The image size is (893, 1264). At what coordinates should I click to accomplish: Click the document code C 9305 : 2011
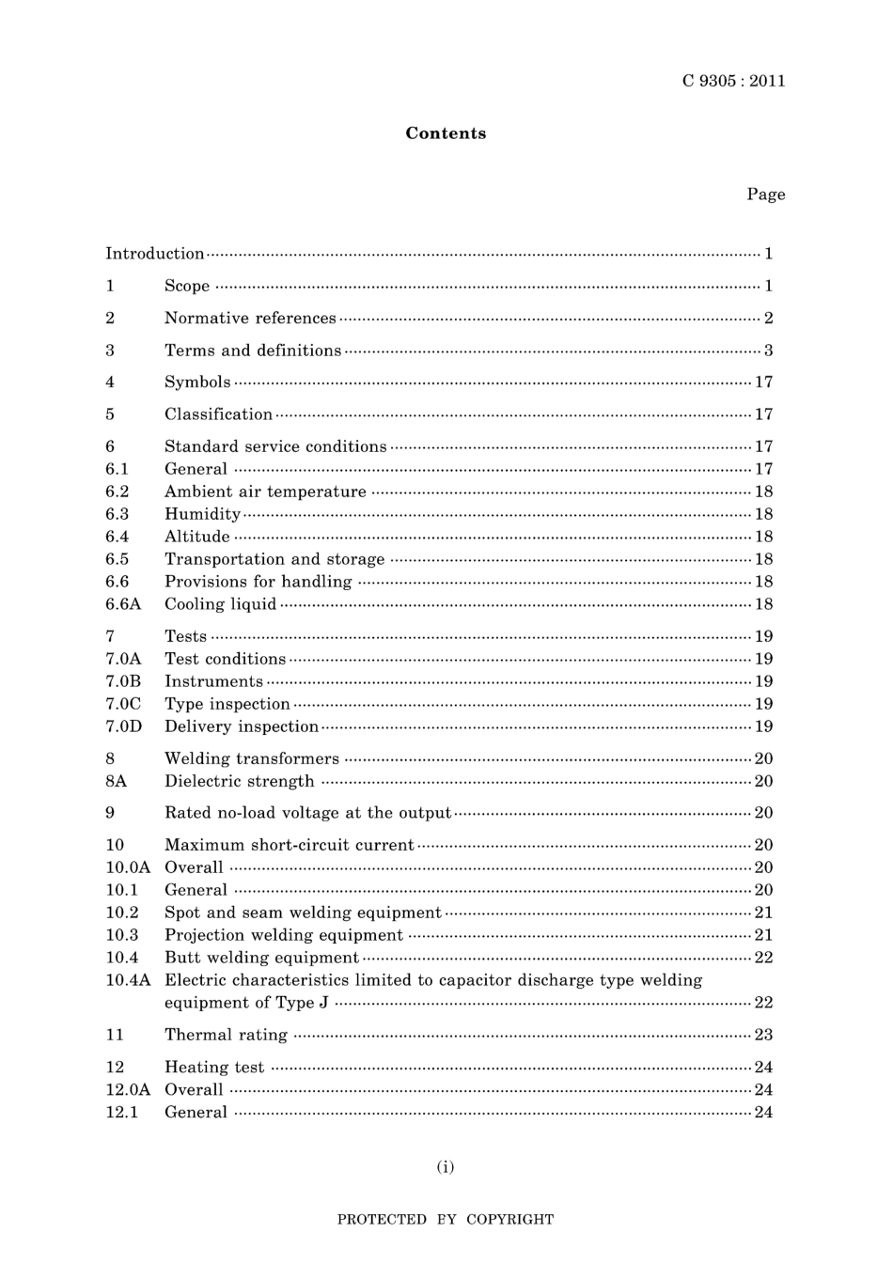coord(733,81)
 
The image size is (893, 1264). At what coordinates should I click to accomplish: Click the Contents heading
coord(446,133)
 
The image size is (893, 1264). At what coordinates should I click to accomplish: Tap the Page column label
coord(765,195)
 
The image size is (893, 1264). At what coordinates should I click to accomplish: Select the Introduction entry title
coord(154,254)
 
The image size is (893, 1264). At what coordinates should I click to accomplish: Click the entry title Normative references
coord(250,319)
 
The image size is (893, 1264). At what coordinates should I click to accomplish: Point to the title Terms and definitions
coord(253,351)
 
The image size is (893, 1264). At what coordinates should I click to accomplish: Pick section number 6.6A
coord(123,604)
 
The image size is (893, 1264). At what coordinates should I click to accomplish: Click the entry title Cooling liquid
coord(220,604)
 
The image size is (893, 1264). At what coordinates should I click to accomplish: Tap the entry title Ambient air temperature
coord(265,492)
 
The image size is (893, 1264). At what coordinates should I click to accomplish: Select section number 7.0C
coord(123,704)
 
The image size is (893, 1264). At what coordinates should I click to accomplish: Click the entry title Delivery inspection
coord(242,726)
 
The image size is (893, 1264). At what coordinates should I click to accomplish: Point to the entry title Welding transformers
coord(252,758)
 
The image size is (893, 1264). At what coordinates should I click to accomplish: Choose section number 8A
coord(116,781)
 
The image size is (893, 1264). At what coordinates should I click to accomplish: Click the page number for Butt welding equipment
coord(763,958)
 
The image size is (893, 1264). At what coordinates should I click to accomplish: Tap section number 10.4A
coord(128,980)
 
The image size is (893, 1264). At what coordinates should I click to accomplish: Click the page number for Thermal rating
coord(763,1035)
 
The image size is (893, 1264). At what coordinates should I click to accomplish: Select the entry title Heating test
coord(214,1067)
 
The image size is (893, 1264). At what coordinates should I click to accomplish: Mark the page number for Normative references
coord(768,319)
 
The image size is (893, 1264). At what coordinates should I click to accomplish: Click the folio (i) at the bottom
coord(446,1167)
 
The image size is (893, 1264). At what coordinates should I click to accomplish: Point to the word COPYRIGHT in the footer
coord(509,1220)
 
